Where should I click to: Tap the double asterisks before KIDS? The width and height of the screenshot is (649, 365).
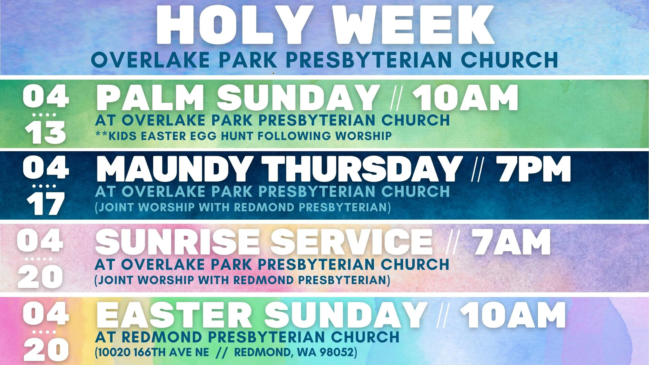pos(102,134)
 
